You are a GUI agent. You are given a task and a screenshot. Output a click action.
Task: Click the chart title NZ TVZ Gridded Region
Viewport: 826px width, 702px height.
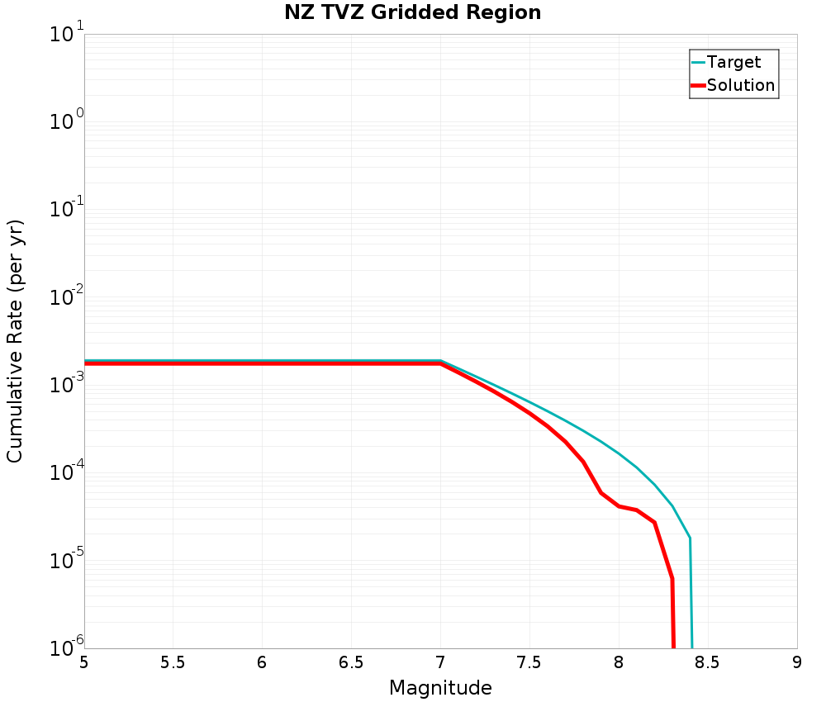(x=412, y=13)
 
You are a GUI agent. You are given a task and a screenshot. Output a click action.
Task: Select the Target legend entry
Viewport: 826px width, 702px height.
(x=733, y=62)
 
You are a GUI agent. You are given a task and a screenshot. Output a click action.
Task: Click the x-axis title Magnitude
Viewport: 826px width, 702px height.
(x=440, y=688)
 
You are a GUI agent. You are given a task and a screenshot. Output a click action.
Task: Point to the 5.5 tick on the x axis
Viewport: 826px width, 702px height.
(x=173, y=663)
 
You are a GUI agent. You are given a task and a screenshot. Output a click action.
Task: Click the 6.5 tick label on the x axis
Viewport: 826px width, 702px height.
(x=351, y=663)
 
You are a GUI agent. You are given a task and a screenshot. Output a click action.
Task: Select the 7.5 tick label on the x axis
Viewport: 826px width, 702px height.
(x=529, y=663)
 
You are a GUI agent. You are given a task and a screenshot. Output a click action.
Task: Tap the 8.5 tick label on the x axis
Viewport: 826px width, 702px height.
(x=708, y=663)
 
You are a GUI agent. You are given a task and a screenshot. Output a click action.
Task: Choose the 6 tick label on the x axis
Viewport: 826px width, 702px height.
(x=262, y=663)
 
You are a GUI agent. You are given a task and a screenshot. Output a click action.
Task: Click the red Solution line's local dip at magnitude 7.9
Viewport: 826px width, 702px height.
(x=601, y=493)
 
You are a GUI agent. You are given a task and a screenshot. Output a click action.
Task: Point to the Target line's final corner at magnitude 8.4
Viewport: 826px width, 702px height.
(x=690, y=538)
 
